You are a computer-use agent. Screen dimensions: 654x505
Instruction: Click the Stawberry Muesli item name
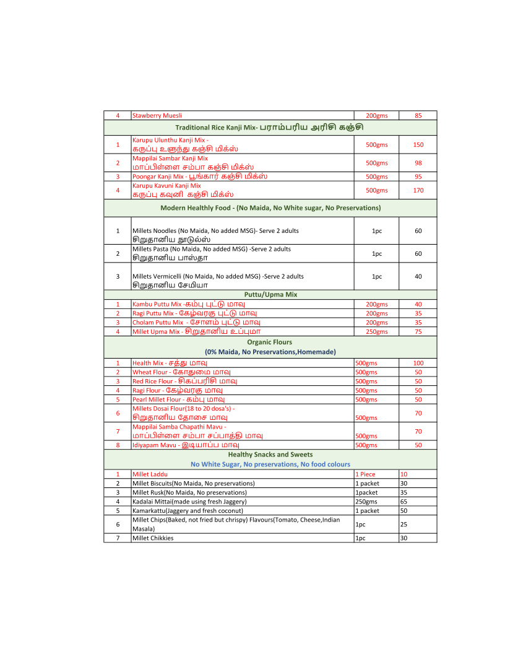157,115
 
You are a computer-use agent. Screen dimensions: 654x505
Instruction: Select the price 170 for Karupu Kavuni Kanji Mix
418,190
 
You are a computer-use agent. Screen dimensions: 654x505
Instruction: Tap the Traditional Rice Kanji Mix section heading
269,127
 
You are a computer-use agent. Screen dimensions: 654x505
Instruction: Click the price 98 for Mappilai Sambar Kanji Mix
418,163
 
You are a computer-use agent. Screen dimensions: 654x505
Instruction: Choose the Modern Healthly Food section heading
270,207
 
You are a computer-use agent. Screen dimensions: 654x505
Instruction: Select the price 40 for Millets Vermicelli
418,276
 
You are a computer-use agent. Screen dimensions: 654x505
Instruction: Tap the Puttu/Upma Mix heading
270,295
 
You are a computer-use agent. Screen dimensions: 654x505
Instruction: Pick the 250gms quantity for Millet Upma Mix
376,331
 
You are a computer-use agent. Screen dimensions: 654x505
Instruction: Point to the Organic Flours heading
270,342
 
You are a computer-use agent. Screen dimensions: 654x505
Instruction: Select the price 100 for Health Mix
418,363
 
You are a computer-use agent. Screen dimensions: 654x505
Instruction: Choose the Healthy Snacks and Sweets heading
270,455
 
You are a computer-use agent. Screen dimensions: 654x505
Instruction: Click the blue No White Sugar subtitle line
270,464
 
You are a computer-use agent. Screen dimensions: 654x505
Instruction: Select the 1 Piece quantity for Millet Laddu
365,474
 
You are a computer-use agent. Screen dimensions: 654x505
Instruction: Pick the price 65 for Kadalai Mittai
404,502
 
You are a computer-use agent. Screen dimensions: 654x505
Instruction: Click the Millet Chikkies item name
153,538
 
